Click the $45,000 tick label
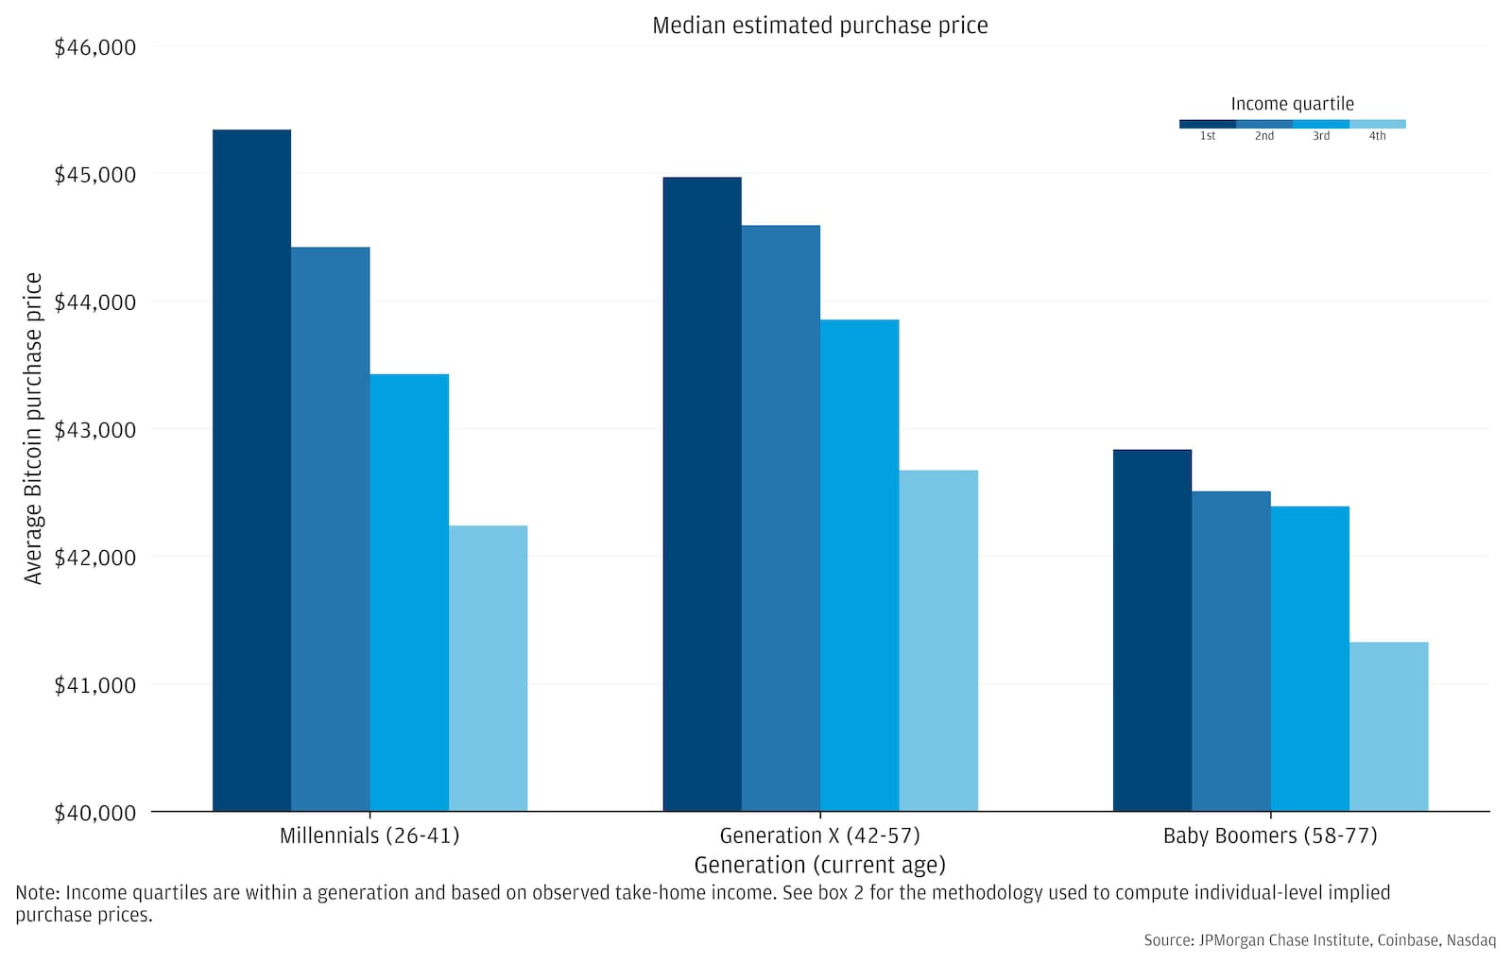coord(95,175)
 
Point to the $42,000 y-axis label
coord(95,558)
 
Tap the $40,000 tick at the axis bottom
coord(95,813)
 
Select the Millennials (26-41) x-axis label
coord(369,835)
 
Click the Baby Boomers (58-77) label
coord(1270,835)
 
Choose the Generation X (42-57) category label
coord(819,835)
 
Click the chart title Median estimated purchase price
coord(819,26)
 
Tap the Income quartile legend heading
coord(1292,104)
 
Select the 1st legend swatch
coord(1207,124)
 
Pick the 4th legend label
coord(1377,136)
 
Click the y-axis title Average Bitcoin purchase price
coord(34,428)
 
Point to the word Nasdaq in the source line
coord(1471,940)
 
